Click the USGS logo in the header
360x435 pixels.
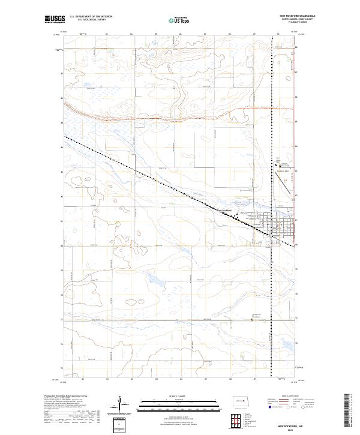tap(55, 19)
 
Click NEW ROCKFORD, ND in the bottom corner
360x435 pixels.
tap(300, 423)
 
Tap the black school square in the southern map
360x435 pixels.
tap(252, 319)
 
